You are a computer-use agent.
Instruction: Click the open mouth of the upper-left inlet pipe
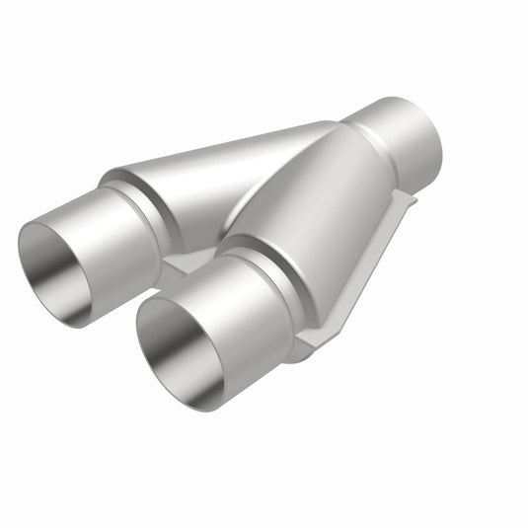click(x=54, y=271)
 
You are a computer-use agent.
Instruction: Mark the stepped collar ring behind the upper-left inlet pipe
click(x=148, y=212)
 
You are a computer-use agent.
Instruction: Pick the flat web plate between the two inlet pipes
click(x=188, y=264)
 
